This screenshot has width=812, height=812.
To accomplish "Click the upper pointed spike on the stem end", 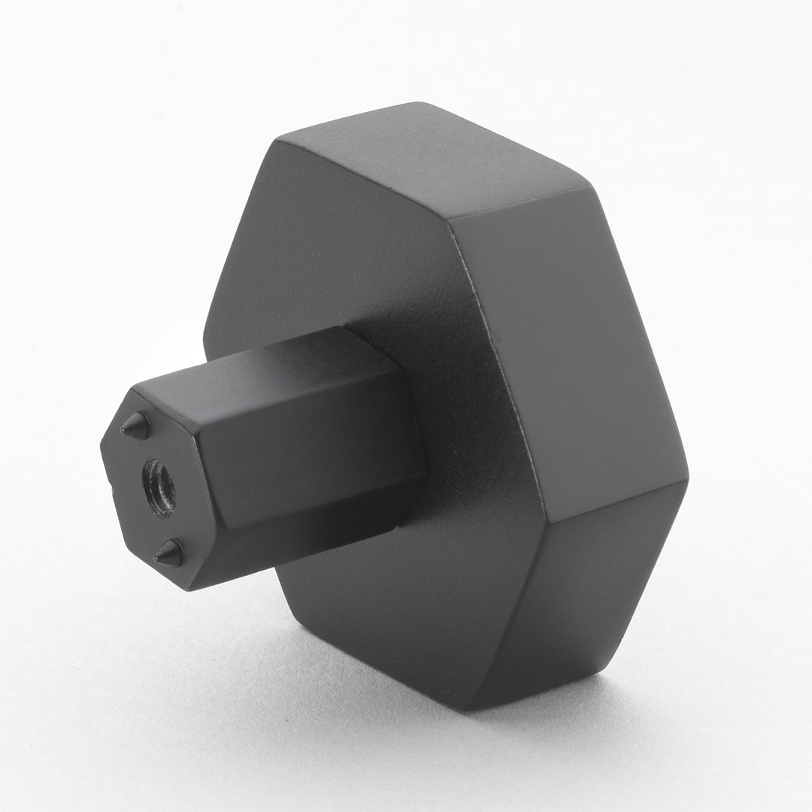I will pos(135,426).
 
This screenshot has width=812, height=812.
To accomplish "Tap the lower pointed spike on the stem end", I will pos(170,554).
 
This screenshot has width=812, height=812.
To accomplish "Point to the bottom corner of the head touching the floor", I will pos(470,707).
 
